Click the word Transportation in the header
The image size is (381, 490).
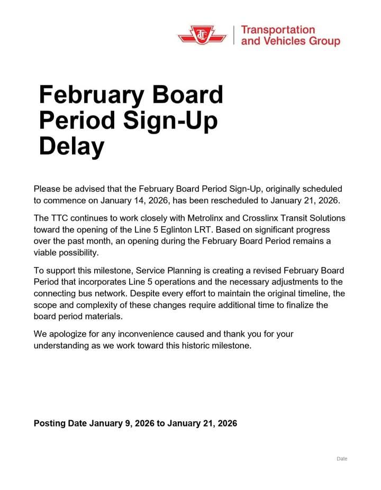[x=277, y=30]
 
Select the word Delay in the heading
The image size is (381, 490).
[x=71, y=146]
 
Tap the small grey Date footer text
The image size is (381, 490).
[x=342, y=459]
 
